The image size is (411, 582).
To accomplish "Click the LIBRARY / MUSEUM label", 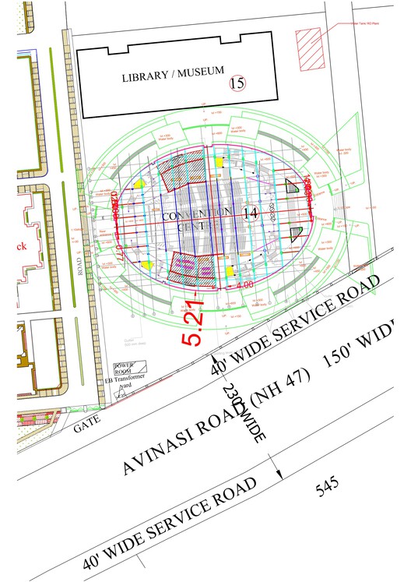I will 171,76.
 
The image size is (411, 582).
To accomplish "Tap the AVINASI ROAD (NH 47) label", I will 216,422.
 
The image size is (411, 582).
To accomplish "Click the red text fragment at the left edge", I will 22,246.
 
